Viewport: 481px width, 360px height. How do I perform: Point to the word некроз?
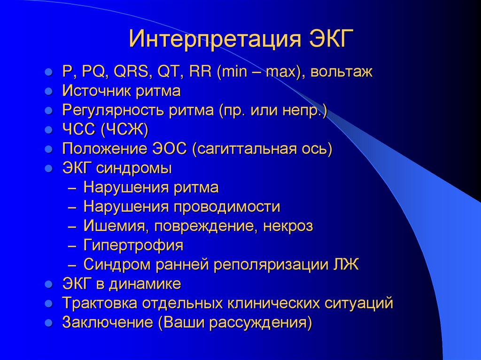point(288,226)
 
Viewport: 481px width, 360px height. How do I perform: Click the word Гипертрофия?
point(133,245)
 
